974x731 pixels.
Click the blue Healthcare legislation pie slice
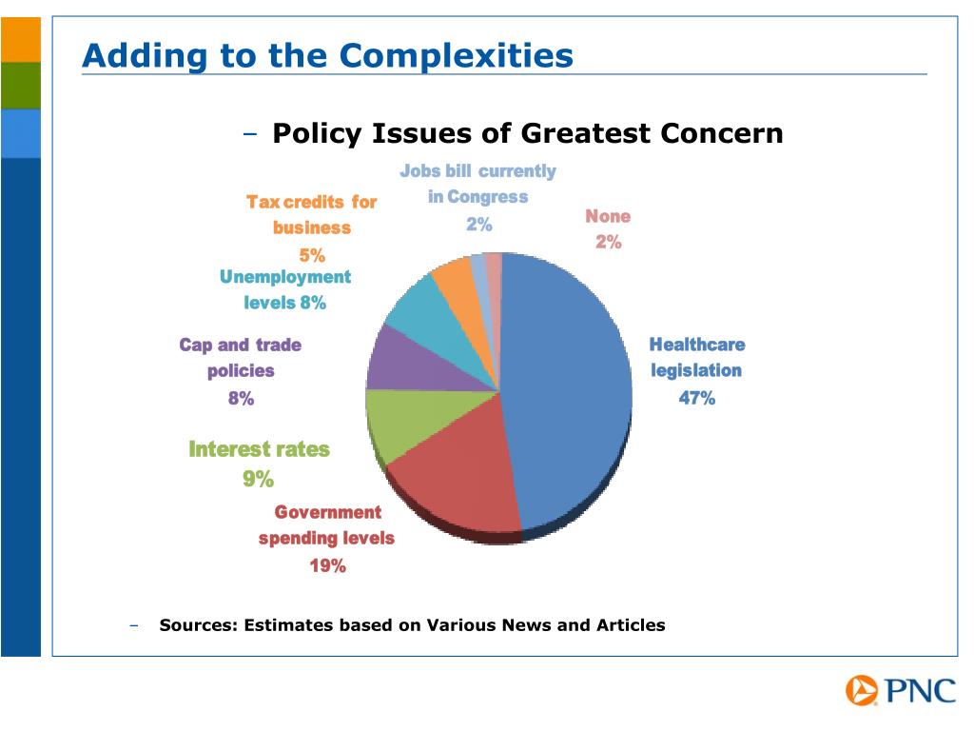click(x=571, y=390)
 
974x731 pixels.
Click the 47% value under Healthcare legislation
click(x=696, y=399)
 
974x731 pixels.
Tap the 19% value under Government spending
click(x=327, y=566)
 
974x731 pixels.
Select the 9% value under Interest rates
click(x=258, y=479)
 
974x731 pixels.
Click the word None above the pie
click(x=608, y=217)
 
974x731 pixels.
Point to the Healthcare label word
click(x=696, y=345)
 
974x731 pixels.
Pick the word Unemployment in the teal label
click(x=285, y=277)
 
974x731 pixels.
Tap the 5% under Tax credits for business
click(x=312, y=254)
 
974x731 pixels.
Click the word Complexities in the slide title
click(x=457, y=55)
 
